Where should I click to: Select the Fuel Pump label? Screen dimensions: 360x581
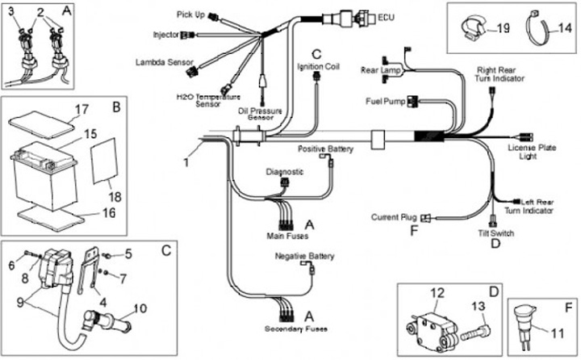coord(384,101)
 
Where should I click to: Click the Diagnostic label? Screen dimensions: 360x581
coord(284,172)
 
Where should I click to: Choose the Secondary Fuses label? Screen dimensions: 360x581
coord(286,329)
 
